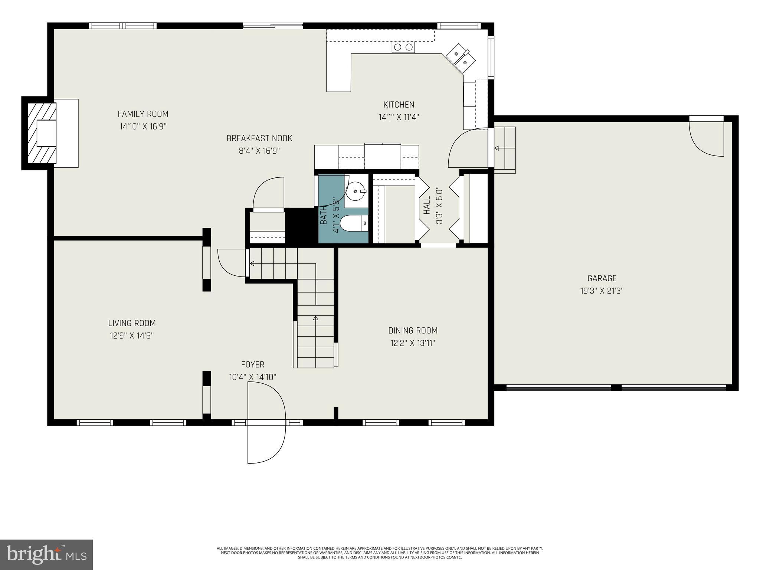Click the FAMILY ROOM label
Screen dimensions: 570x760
click(143, 114)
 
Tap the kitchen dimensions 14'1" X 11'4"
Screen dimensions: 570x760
click(399, 118)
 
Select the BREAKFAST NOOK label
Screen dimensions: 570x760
click(259, 138)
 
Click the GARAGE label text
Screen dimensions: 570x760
click(602, 278)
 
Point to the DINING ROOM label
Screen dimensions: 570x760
click(413, 330)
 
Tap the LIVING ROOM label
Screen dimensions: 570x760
click(132, 323)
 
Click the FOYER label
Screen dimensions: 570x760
click(252, 364)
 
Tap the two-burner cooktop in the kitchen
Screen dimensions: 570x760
click(403, 47)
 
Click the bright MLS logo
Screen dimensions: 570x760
click(46, 554)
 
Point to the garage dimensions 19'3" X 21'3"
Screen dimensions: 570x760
click(602, 291)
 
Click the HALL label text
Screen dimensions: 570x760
click(427, 205)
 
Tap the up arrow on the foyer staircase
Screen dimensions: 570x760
click(315, 318)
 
